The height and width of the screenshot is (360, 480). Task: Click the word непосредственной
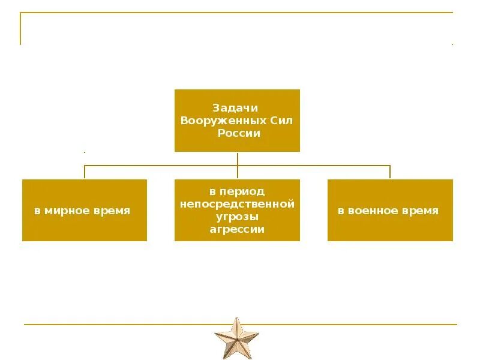tap(237, 205)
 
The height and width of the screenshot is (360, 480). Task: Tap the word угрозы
tap(237, 217)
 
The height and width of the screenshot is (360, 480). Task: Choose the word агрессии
tap(237, 229)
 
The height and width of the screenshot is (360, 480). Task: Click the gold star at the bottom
tap(236, 337)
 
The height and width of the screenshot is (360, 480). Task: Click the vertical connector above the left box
tap(85, 172)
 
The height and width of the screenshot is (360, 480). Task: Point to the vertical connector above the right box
tap(390, 172)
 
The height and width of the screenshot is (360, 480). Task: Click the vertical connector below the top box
tap(238, 158)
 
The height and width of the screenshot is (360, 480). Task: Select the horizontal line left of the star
tap(120, 325)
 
